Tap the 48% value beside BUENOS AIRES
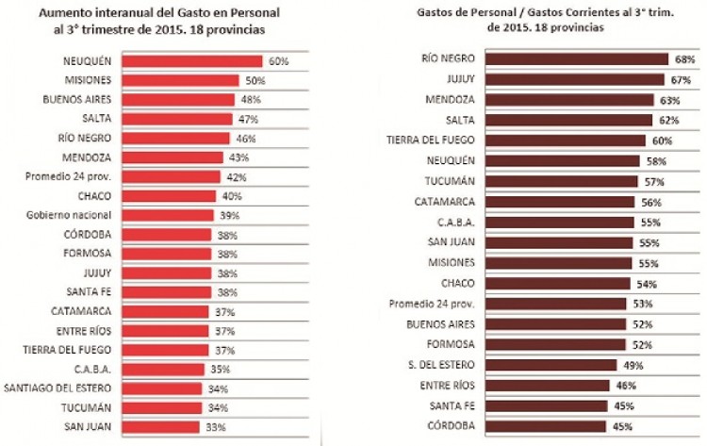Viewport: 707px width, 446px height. tap(250, 99)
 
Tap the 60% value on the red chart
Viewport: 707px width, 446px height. tap(277, 61)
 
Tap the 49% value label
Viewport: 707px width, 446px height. tap(631, 365)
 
